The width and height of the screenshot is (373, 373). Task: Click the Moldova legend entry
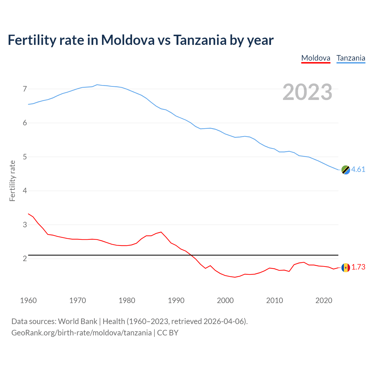tap(316, 58)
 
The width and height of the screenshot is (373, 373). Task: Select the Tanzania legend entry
tap(351, 58)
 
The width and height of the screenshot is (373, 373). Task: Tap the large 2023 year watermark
tap(307, 92)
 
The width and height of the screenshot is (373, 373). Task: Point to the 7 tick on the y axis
tap(25, 89)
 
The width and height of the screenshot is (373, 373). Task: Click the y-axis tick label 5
tap(25, 157)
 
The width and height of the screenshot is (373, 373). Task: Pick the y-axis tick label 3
tap(25, 225)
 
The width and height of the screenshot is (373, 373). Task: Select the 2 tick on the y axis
tap(25, 259)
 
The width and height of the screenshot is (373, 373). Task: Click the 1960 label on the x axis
tap(28, 300)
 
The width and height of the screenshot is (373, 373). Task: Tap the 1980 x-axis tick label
tap(127, 300)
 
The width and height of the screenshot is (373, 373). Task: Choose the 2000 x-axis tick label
tap(225, 300)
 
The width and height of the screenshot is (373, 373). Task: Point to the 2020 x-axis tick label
tap(324, 300)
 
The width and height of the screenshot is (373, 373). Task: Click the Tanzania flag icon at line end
tap(346, 170)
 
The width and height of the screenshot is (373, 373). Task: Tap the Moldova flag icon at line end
tap(346, 267)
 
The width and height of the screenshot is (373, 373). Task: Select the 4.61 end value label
tap(358, 170)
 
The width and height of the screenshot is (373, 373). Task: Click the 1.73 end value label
tap(358, 267)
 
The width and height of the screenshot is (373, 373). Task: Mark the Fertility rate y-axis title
tap(12, 181)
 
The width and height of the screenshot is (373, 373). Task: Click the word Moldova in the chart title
tap(128, 40)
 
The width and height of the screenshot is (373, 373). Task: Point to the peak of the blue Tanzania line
tap(97, 85)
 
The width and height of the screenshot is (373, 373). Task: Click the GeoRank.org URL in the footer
tap(81, 333)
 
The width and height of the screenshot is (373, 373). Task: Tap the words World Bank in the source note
tap(78, 321)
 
